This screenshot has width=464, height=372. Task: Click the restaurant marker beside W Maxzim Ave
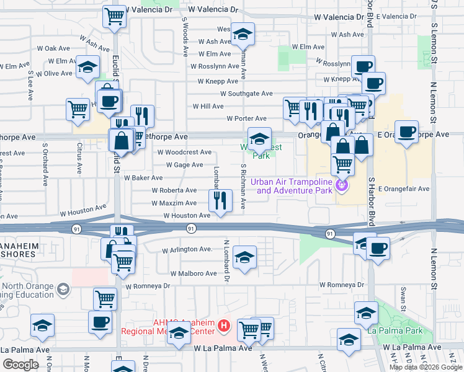219,200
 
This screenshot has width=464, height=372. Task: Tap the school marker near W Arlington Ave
245,257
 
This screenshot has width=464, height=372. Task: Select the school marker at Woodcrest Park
259,138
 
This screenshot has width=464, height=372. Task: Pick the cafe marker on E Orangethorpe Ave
406,132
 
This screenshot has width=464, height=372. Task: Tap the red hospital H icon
225,324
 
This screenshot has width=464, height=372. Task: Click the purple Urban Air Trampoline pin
341,185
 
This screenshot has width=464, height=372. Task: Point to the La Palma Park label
395,330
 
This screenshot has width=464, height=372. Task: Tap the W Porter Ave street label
246,118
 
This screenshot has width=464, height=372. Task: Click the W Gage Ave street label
184,165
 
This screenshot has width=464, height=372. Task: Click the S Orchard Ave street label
45,165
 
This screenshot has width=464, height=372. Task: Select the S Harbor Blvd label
372,201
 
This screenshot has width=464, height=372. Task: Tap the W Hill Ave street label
208,106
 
